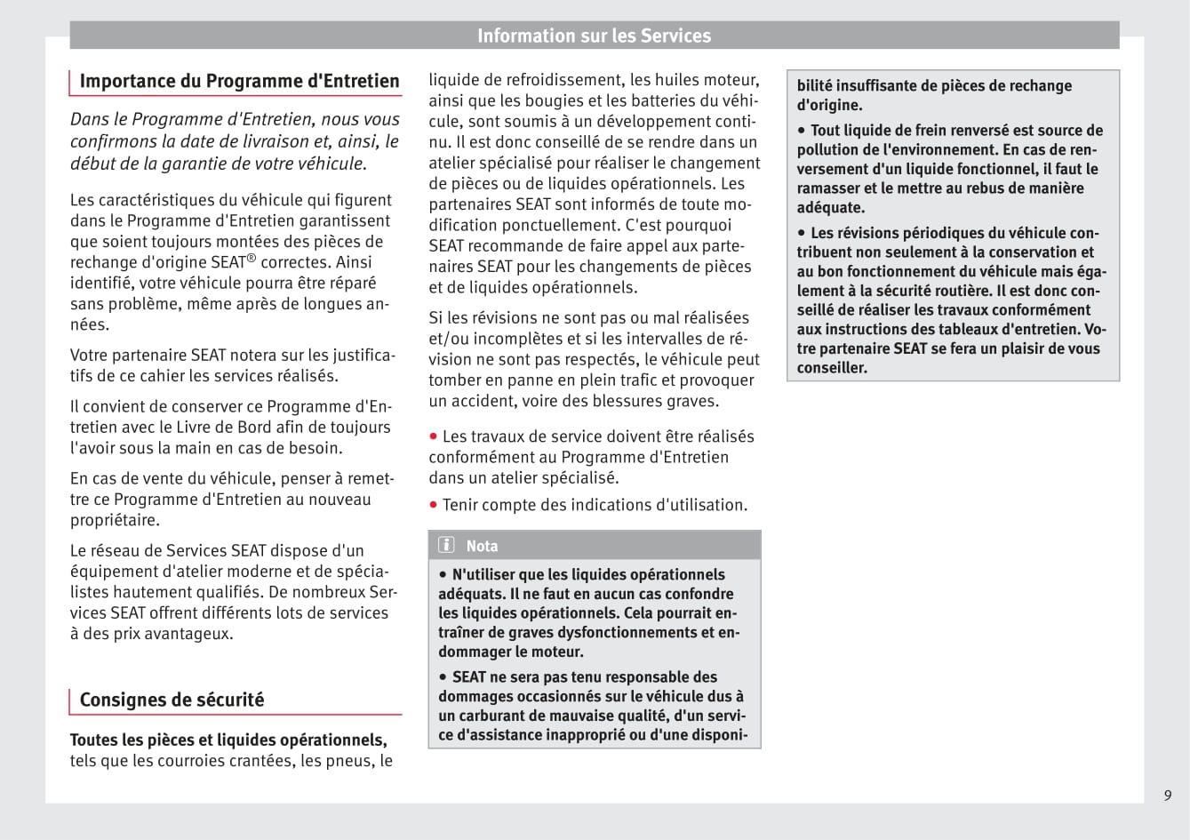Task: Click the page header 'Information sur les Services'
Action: coord(594,36)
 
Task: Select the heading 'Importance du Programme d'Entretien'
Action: coord(239,81)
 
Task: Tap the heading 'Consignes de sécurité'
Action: coord(172,700)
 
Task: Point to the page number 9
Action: coord(1168,796)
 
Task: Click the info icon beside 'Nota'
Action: coord(446,545)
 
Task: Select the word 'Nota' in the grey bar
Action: coord(482,546)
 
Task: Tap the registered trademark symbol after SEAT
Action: coord(252,258)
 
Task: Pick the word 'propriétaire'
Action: coord(115,520)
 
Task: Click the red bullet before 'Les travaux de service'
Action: coord(434,436)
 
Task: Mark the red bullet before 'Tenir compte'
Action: coord(434,505)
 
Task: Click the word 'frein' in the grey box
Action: coord(951,131)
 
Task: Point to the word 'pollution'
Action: coord(830,149)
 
